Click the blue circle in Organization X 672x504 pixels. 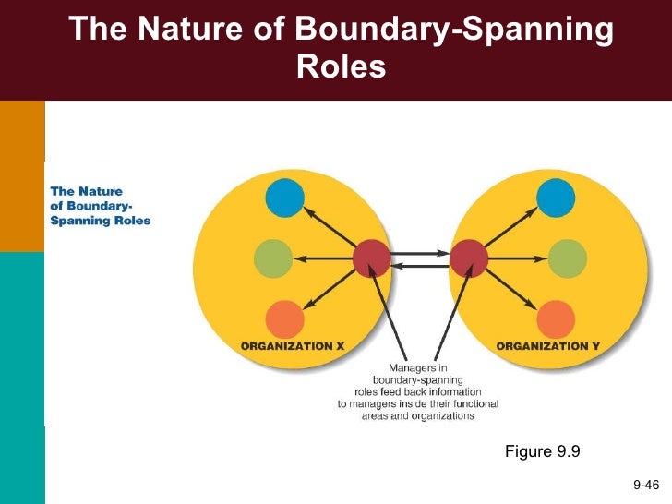click(284, 197)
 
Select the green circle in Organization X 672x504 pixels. click(273, 257)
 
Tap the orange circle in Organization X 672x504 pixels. click(284, 319)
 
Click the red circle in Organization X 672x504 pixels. click(372, 258)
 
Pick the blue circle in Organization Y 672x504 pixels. click(556, 197)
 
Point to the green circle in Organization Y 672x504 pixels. click(568, 257)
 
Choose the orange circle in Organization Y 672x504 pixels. click(556, 319)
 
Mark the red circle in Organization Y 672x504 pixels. click(469, 258)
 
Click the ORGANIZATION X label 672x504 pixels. click(293, 346)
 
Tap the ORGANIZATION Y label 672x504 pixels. click(542, 346)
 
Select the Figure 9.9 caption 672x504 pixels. click(543, 450)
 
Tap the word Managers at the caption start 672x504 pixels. click(419, 367)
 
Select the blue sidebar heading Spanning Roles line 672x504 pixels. click(100, 222)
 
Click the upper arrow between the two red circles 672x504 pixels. click(420, 250)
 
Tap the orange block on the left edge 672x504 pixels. click(21, 175)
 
